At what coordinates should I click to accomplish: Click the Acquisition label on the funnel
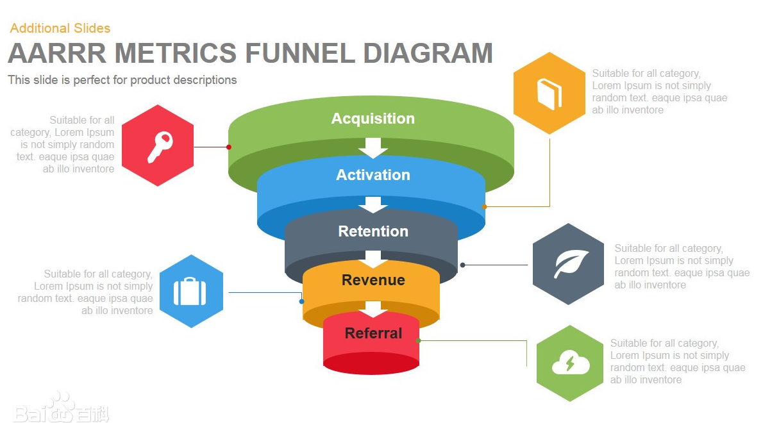tap(373, 119)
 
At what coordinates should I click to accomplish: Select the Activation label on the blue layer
tap(373, 175)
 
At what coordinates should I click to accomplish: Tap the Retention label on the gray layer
tap(373, 231)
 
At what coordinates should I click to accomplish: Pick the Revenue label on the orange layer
tap(373, 280)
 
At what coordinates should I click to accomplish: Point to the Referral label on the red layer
tap(373, 333)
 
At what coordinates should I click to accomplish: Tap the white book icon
tap(549, 94)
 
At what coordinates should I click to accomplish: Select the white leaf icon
tap(567, 264)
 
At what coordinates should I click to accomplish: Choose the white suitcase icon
tap(190, 292)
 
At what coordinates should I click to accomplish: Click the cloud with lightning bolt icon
tap(570, 363)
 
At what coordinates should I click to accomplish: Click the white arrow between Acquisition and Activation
tap(373, 149)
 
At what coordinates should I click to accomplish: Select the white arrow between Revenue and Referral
tap(373, 310)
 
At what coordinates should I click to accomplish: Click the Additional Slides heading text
tap(60, 28)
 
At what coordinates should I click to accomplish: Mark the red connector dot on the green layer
tap(229, 147)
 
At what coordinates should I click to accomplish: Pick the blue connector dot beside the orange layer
tap(301, 301)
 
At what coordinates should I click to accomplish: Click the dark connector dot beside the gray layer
tap(463, 265)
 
